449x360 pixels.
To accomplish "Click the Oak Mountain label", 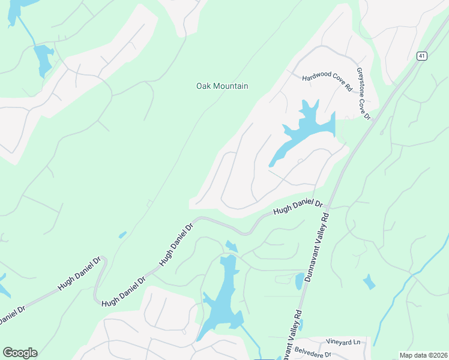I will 222,86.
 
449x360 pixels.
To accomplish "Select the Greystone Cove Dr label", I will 364,93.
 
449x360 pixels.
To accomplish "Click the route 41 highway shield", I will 423,56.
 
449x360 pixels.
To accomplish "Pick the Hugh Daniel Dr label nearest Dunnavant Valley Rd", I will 298,207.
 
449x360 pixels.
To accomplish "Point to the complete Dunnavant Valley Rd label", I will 318,246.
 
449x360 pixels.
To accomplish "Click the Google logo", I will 20,353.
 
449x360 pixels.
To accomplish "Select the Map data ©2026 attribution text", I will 423,355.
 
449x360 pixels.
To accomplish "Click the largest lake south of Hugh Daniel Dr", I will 222,294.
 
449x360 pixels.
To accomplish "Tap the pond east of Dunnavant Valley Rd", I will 369,281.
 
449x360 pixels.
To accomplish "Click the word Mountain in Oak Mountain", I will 231,86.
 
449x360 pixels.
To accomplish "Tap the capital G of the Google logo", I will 8,353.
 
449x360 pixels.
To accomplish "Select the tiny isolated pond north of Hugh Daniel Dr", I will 122,235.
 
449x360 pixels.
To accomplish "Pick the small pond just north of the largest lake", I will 231,246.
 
